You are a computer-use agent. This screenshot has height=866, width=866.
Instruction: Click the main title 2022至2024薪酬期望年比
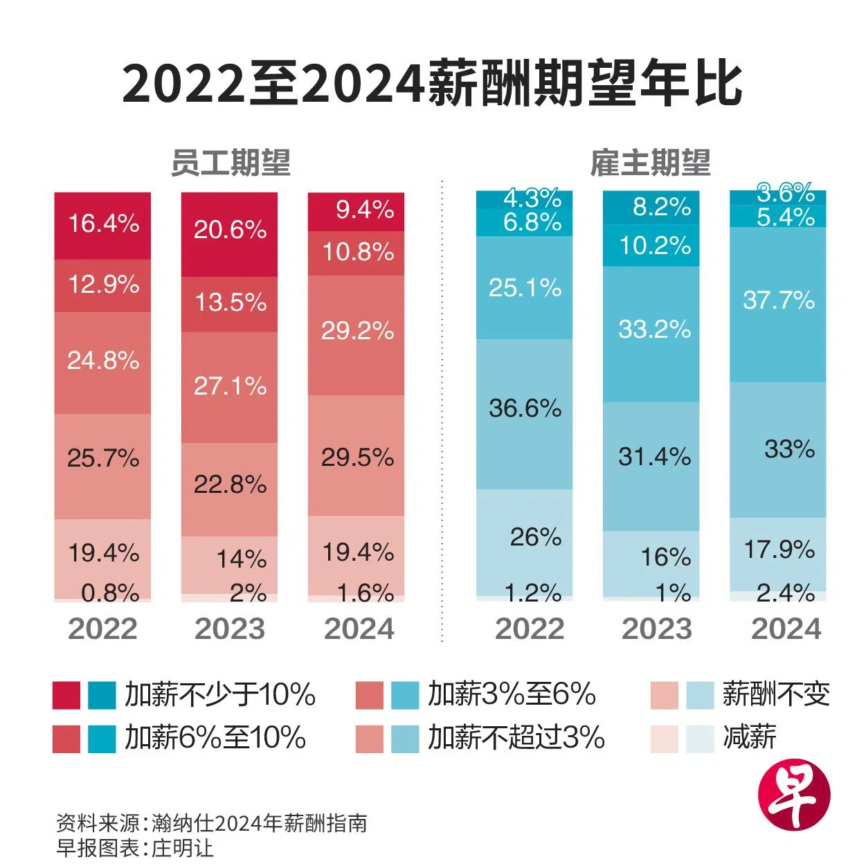coord(432,84)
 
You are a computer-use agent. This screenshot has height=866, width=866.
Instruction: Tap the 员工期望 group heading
coord(231,163)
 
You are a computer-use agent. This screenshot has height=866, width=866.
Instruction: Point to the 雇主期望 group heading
coord(650,163)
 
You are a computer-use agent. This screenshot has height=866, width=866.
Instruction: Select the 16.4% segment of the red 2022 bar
coord(103,224)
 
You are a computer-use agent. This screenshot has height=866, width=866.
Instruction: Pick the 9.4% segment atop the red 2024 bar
coord(357,210)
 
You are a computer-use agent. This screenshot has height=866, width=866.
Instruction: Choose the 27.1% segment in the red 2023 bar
coord(230,386)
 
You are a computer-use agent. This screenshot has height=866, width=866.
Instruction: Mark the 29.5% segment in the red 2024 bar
coord(357,457)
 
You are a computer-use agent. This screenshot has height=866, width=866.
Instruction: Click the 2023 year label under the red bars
coord(230,629)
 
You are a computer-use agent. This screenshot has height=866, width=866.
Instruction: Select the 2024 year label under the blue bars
coord(786,629)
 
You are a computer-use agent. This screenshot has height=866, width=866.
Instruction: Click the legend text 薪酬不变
coord(776,694)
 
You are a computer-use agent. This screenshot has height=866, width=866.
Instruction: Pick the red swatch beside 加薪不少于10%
coord(66,695)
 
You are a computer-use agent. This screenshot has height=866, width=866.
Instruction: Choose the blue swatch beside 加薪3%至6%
coord(405,695)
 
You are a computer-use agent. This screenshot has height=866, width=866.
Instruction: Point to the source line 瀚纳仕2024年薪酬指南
coord(259,823)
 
